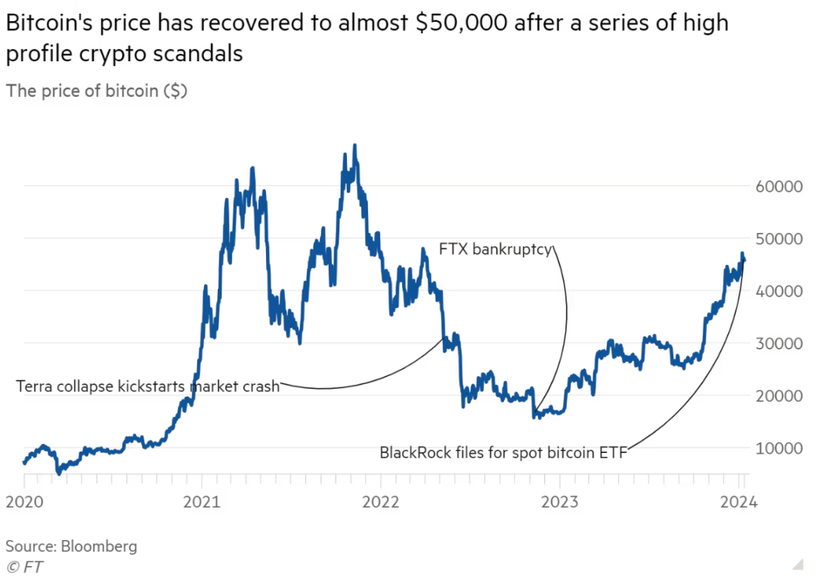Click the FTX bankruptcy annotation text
click(x=496, y=249)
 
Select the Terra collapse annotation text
click(x=148, y=387)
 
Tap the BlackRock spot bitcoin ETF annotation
click(x=504, y=453)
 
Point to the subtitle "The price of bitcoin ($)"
click(x=97, y=91)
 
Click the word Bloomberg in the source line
click(x=101, y=545)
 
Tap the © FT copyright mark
click(x=25, y=565)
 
